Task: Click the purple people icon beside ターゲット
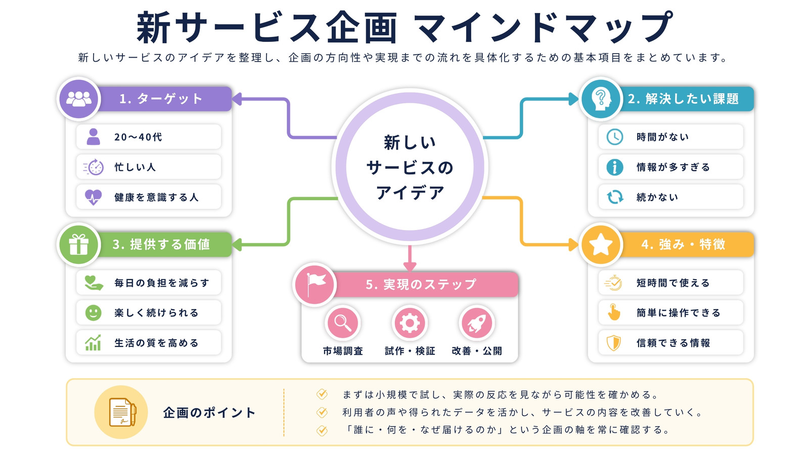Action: pyautogui.click(x=79, y=99)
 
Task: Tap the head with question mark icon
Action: pyautogui.click(x=601, y=99)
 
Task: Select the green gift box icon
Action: pyautogui.click(x=79, y=245)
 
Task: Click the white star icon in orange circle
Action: pyautogui.click(x=601, y=245)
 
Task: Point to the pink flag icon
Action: pyautogui.click(x=315, y=284)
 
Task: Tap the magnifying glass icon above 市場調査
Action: pyautogui.click(x=343, y=323)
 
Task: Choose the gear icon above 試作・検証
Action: pyautogui.click(x=410, y=323)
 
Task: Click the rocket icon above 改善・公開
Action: pyautogui.click(x=477, y=323)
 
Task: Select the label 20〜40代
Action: pyautogui.click(x=138, y=137)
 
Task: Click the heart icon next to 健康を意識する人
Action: pyautogui.click(x=93, y=197)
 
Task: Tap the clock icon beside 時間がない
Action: pyautogui.click(x=614, y=137)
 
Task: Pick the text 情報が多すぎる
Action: pyautogui.click(x=673, y=167)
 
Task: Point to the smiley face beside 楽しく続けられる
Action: pyautogui.click(x=93, y=313)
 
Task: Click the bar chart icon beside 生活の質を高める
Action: pyautogui.click(x=93, y=343)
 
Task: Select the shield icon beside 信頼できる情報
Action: pyautogui.click(x=614, y=343)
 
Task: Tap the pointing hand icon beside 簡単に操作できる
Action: pyautogui.click(x=614, y=312)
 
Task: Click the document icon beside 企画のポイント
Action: pyautogui.click(x=122, y=412)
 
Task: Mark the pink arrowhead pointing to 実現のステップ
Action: pyautogui.click(x=410, y=266)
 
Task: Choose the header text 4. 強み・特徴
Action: pyautogui.click(x=683, y=245)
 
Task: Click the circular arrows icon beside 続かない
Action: pyautogui.click(x=614, y=197)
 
